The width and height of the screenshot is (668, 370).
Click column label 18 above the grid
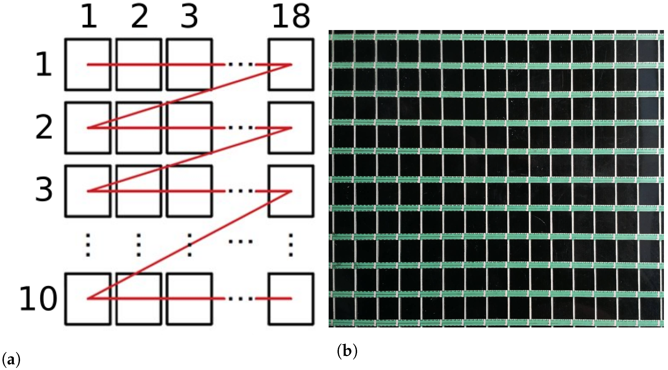pos(291,17)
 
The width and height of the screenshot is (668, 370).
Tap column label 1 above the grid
pos(89,17)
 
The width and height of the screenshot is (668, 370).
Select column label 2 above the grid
pos(139,17)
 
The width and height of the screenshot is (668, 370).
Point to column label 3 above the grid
pos(189,17)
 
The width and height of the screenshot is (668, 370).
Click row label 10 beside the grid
pos(38,298)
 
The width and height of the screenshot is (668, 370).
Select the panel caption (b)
pos(347,351)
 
